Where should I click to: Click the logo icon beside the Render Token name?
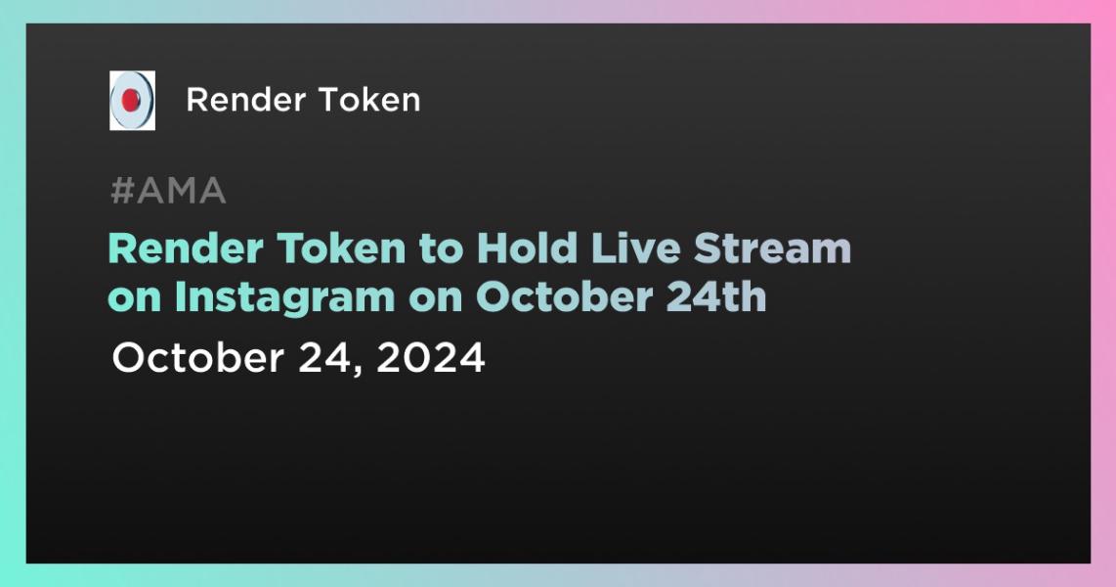click(132, 100)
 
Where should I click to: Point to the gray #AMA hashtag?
click(168, 192)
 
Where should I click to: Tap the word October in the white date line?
click(193, 358)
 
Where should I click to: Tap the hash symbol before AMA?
click(121, 192)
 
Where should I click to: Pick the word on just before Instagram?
click(135, 297)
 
